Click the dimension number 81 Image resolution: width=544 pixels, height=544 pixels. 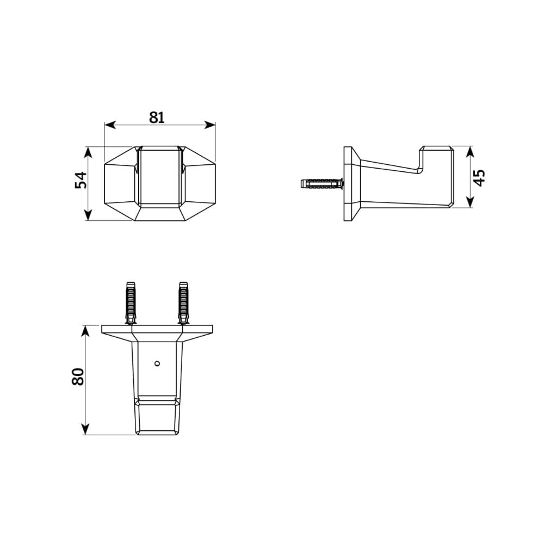(x=157, y=117)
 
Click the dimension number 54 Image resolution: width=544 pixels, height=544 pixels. (x=81, y=180)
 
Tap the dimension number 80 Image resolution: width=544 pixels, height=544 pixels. (x=78, y=376)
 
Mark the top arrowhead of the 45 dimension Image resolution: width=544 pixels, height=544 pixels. (x=470, y=151)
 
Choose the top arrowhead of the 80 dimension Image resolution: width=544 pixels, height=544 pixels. (x=85, y=330)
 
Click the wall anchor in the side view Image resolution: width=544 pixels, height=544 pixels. (x=321, y=183)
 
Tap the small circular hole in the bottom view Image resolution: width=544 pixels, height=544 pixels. (x=157, y=362)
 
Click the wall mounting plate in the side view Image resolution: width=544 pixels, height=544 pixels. (x=349, y=183)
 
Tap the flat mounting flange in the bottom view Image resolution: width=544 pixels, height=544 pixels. (x=157, y=330)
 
